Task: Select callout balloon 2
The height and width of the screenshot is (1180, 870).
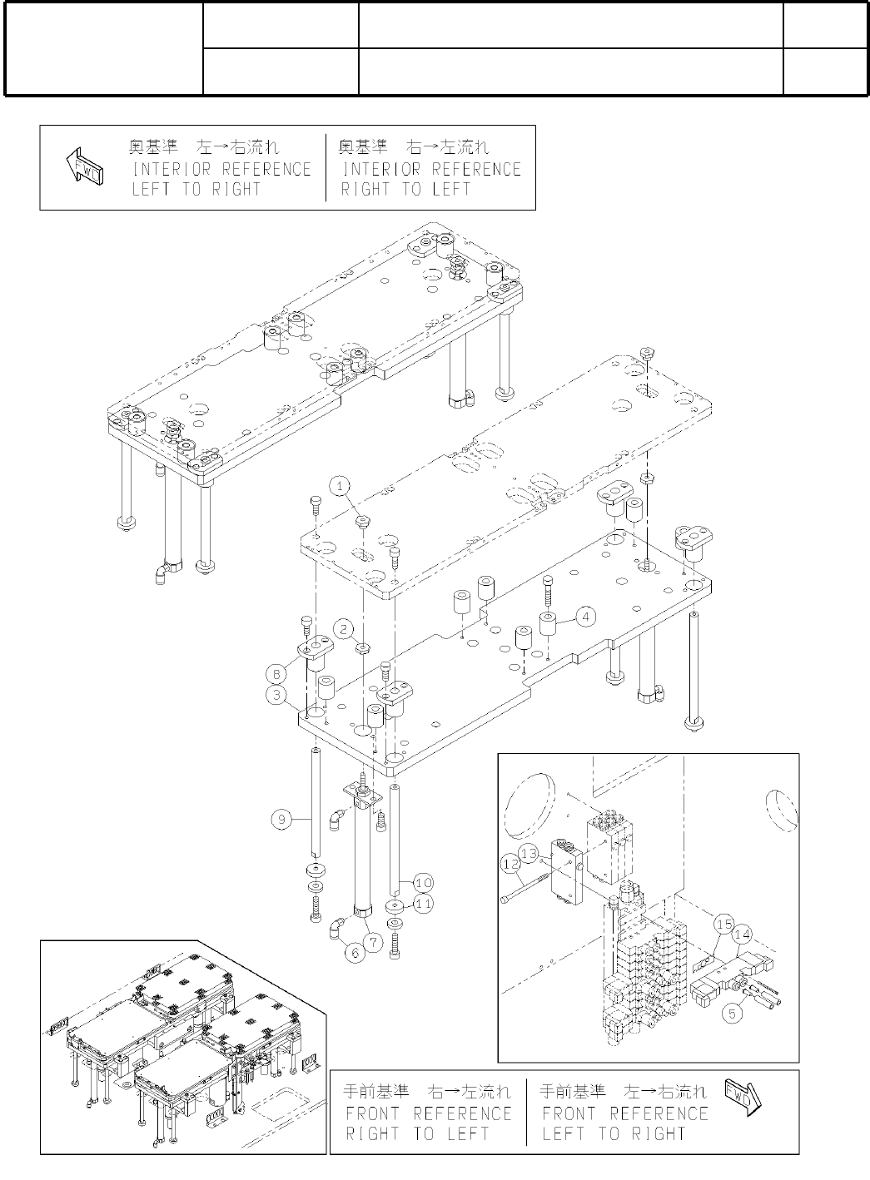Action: click(345, 627)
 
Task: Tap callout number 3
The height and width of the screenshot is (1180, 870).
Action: click(276, 692)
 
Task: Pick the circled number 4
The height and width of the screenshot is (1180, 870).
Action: click(586, 617)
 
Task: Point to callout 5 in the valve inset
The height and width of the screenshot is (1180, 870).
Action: click(732, 1014)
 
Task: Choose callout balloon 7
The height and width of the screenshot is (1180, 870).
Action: click(374, 942)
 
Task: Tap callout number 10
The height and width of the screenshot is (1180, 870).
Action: click(423, 882)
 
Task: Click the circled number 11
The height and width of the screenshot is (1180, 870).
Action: click(423, 902)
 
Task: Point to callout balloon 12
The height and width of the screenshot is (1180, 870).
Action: click(510, 865)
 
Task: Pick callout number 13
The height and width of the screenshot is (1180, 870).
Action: click(529, 854)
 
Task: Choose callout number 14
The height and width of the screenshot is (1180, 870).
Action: click(742, 935)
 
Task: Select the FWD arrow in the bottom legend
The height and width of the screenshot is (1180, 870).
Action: click(742, 1098)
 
